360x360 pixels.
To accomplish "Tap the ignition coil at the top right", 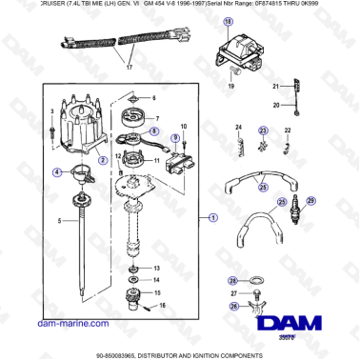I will (247, 50).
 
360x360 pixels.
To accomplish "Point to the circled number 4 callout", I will (57, 172).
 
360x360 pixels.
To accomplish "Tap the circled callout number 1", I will (212, 217).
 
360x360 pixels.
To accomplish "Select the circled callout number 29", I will (322, 201).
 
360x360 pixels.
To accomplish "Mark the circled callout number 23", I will (264, 130).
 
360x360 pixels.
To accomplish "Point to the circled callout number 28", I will (232, 280).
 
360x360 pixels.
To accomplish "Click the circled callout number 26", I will (232, 307).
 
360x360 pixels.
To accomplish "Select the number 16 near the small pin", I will (162, 305).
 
